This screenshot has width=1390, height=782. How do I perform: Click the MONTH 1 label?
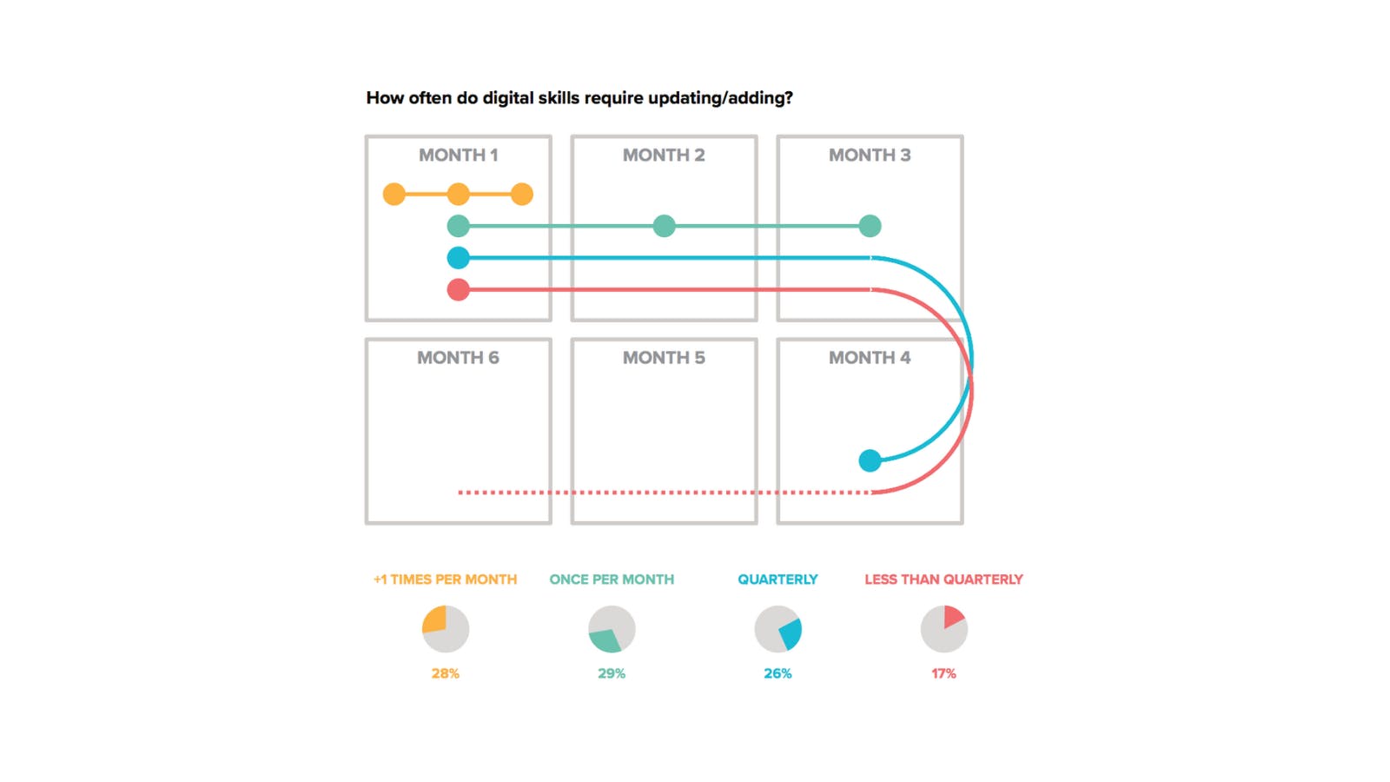(458, 156)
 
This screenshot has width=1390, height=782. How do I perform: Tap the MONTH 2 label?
(664, 156)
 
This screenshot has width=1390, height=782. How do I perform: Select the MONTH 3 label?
(870, 156)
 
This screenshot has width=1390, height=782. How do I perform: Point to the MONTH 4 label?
(870, 358)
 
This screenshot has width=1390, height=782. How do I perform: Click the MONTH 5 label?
(664, 358)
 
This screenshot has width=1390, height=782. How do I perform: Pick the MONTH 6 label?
(458, 358)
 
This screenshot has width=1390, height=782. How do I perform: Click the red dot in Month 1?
(458, 289)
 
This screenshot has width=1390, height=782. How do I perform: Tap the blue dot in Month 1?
(458, 258)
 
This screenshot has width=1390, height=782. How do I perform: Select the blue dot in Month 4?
(870, 461)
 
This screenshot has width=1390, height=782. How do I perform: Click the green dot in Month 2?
(664, 226)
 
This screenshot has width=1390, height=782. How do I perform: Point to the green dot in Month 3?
(870, 226)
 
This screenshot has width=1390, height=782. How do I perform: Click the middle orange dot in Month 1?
(458, 194)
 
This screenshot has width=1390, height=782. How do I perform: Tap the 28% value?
(445, 673)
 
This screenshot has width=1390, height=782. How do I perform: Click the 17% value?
(943, 673)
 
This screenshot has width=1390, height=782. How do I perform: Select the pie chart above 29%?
(612, 629)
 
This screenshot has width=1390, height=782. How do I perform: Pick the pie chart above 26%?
(778, 629)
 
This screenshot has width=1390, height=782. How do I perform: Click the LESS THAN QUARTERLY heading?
(943, 580)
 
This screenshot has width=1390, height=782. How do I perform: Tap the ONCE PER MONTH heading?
(612, 580)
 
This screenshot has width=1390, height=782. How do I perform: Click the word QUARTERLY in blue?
(778, 580)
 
